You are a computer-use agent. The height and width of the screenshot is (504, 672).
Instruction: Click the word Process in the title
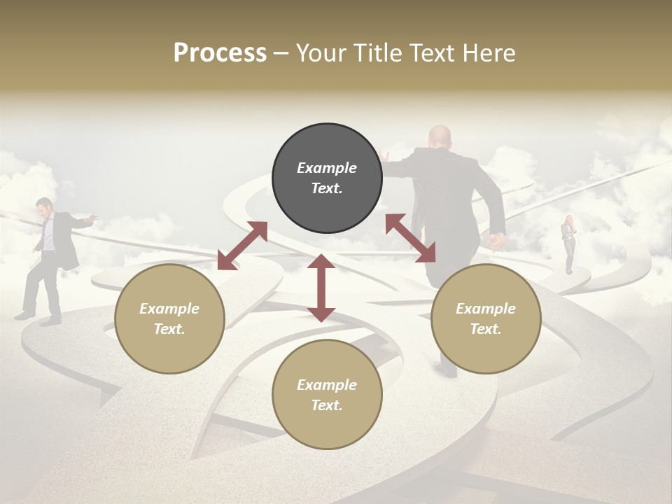pos(220,53)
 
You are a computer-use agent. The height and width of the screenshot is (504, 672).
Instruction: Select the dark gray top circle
pos(327,178)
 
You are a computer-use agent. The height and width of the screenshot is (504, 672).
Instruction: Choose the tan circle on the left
pos(169,318)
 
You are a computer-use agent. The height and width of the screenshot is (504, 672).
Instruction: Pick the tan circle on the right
pos(486,318)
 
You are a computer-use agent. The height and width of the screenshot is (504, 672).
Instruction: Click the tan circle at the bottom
pos(327,395)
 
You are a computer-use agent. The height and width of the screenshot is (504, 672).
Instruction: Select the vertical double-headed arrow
pos(321,288)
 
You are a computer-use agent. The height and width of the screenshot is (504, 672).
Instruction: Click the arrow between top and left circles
pos(242,245)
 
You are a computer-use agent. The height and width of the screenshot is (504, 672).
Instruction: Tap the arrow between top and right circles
pos(410,238)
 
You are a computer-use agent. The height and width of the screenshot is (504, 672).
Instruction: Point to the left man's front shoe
pos(50,322)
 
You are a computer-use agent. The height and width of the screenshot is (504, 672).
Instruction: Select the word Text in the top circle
pos(327,188)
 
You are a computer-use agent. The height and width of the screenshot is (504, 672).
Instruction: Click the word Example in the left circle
pos(169,309)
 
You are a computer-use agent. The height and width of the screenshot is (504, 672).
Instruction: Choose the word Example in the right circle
pos(486,309)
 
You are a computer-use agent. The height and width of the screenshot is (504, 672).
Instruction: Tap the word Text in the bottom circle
pos(327,405)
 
